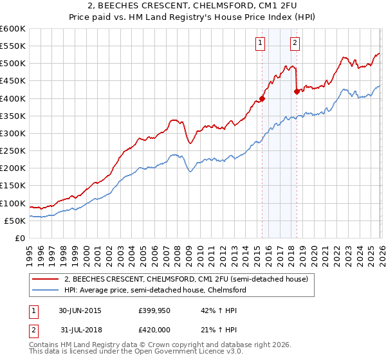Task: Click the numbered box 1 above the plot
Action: tap(261, 43)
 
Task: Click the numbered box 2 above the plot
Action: tap(295, 43)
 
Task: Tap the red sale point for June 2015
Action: tap(262, 98)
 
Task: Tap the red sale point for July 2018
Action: tap(297, 91)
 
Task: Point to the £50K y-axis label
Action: tap(15, 221)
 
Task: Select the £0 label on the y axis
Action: tap(21, 238)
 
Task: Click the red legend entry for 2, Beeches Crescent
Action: tap(187, 280)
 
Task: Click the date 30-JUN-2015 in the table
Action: tap(80, 310)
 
